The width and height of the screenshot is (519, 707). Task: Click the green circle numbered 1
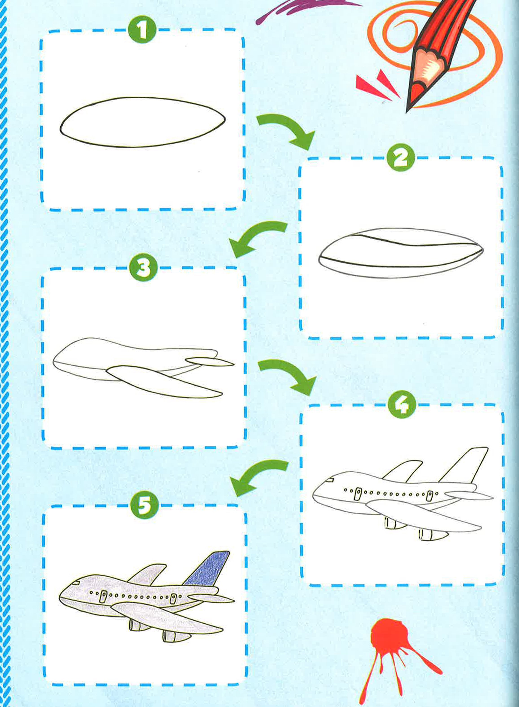[142, 31]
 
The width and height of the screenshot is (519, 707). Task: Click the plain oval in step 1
[142, 122]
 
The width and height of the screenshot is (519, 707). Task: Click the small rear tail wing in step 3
[210, 362]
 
